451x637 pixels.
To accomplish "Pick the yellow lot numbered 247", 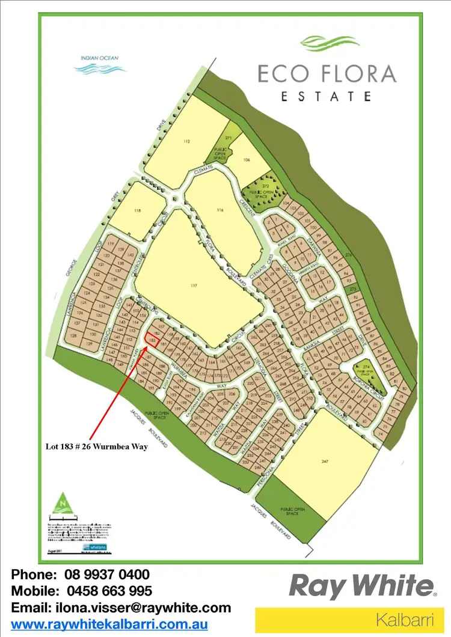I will [x=325, y=463].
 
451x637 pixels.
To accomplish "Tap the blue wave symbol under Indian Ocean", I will [x=100, y=69].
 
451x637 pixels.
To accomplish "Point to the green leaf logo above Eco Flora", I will [x=328, y=43].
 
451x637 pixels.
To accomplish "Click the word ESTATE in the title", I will [x=327, y=96].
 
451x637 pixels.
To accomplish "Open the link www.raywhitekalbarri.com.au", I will [x=109, y=624].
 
